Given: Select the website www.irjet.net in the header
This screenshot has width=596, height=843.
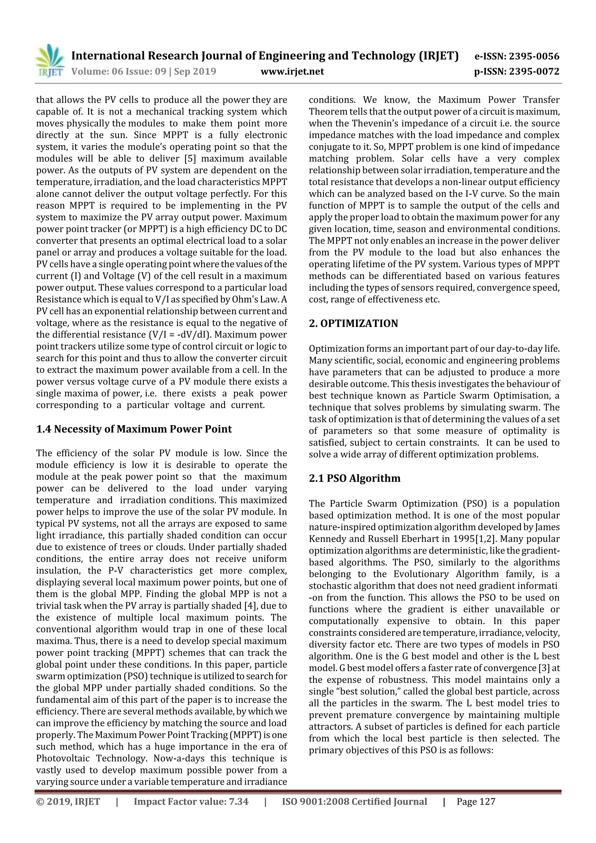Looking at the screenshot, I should (x=292, y=71).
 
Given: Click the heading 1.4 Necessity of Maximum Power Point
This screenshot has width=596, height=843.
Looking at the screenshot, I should (x=134, y=429).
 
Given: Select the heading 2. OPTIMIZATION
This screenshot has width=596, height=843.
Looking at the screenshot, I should (x=353, y=324).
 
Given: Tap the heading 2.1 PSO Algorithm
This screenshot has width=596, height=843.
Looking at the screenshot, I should (x=354, y=478).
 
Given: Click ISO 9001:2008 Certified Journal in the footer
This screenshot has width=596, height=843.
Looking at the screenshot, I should (x=354, y=812).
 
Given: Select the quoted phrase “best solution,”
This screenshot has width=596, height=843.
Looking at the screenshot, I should (x=369, y=691).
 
